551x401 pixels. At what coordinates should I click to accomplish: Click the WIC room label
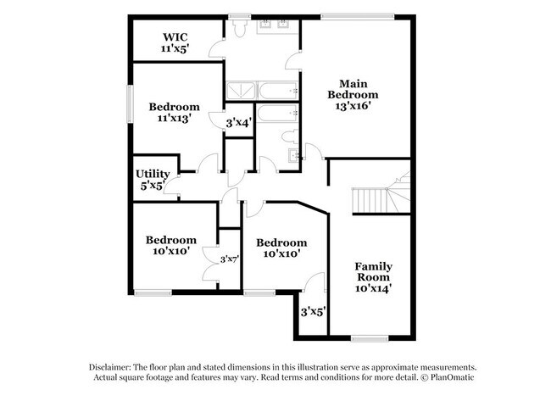(x=175, y=36)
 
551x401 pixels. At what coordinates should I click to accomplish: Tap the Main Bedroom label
(x=359, y=88)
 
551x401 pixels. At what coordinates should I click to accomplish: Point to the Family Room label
(x=373, y=271)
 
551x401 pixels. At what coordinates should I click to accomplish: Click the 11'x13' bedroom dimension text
(x=175, y=119)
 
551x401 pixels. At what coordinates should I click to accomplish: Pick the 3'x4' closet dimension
(x=237, y=124)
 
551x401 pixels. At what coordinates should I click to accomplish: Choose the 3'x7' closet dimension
(x=229, y=259)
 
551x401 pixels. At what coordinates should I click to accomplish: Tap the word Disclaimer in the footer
(x=116, y=365)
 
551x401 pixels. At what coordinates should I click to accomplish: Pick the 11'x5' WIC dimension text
(x=175, y=49)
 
